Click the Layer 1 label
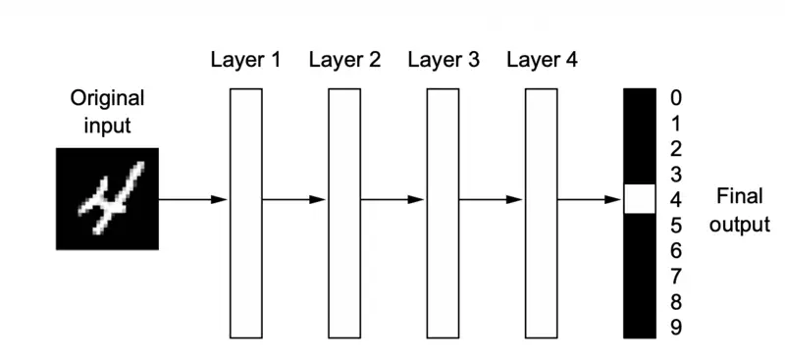245,60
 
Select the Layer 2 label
344,60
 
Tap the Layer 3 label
444,60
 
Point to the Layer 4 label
543,60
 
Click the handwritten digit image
107,198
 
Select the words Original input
107,112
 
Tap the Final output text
739,210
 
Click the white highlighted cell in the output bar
639,199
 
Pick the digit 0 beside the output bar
675,98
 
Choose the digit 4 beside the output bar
675,200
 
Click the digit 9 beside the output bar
675,328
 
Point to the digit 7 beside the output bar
675,277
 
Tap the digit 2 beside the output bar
675,149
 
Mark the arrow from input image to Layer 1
193,199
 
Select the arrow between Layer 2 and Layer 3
393,199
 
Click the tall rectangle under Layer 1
245,213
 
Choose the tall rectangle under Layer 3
444,213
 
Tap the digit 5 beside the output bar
675,226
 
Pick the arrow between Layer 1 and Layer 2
294,199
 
